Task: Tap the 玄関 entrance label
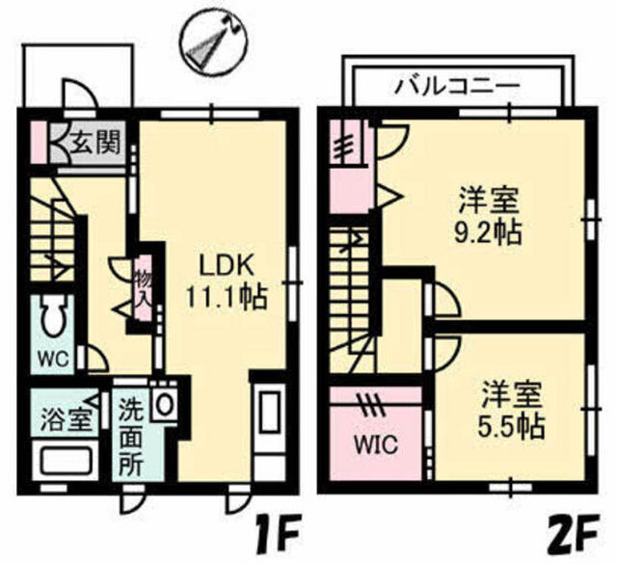[95, 143]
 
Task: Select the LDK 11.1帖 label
[227, 282]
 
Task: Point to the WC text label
[53, 359]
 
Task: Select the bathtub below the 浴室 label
[65, 461]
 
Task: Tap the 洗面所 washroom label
[131, 437]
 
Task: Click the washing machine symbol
[164, 402]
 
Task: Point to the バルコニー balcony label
[457, 86]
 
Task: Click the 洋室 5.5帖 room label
[511, 410]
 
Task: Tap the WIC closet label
[376, 445]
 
